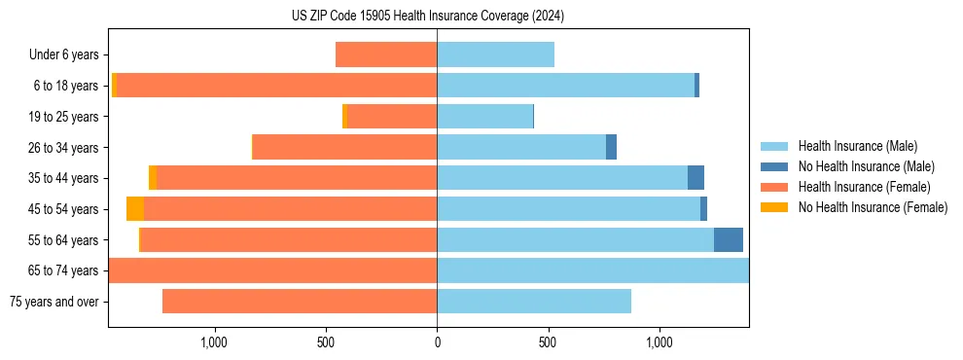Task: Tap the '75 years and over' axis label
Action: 54,302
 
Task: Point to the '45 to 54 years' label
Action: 64,209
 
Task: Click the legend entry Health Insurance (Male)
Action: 857,146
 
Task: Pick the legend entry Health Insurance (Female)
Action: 864,187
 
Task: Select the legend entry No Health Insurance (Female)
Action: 873,207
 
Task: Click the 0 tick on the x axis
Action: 437,342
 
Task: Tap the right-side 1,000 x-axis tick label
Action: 660,342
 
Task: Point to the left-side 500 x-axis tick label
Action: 326,342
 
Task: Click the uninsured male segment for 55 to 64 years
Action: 729,240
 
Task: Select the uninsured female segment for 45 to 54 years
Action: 135,209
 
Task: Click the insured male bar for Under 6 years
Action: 495,55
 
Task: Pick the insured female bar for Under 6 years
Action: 386,55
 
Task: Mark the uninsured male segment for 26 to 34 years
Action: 611,148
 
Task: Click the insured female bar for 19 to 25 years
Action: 392,117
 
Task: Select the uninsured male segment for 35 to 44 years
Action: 695,178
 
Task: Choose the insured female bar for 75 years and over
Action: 300,302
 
